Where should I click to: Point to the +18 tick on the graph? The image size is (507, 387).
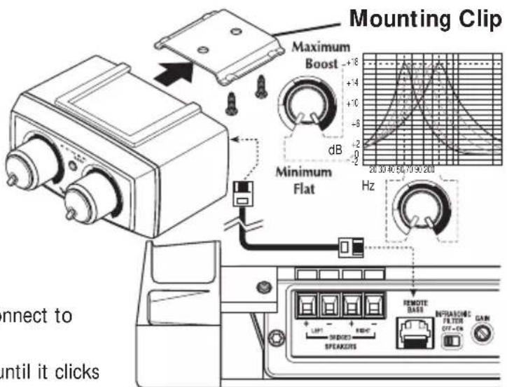pyautogui.click(x=351, y=62)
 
